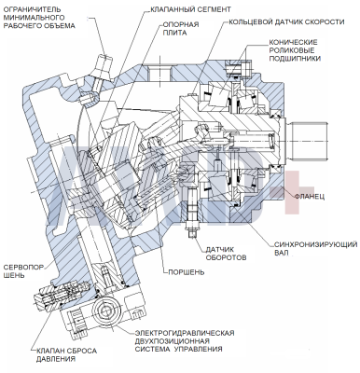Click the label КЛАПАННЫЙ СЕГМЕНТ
pyautogui.click(x=190, y=9)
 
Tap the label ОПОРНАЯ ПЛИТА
pyautogui.click(x=181, y=29)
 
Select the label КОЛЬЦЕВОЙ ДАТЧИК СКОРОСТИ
pyautogui.click(x=286, y=22)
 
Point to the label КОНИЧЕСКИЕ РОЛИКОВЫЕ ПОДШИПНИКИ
pyautogui.click(x=295, y=50)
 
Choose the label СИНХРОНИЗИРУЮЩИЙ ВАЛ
pyautogui.click(x=315, y=248)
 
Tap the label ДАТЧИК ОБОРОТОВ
pyautogui.click(x=226, y=254)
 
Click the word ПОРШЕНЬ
pyautogui.click(x=187, y=272)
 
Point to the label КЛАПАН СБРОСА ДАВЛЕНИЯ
pyautogui.click(x=66, y=355)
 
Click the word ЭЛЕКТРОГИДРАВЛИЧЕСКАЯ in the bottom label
pyautogui.click(x=185, y=333)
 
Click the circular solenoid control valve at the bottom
pyautogui.click(x=107, y=311)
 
